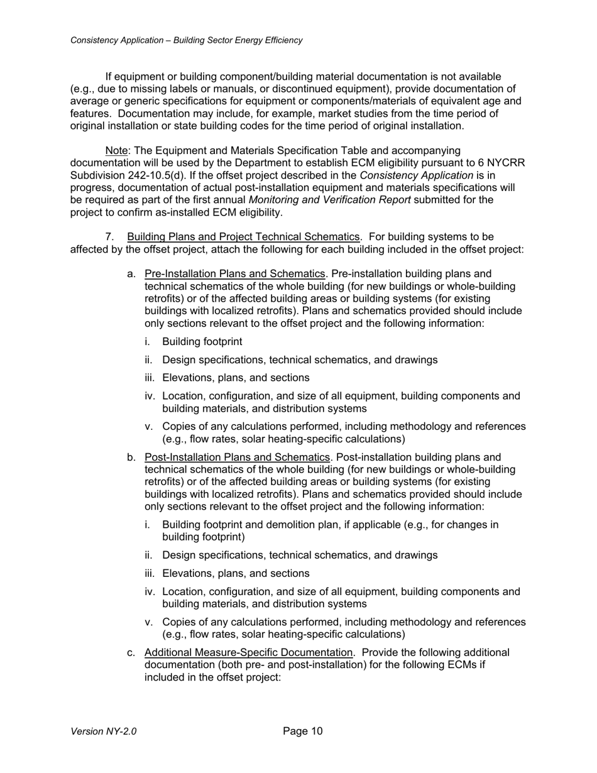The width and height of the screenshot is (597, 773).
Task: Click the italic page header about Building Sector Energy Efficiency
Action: click(186, 40)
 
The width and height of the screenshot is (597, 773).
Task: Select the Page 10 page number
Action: click(302, 731)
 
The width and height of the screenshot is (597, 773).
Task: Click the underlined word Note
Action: click(117, 151)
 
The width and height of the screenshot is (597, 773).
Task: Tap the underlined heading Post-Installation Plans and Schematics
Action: click(238, 457)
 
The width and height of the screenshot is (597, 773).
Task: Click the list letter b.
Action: click(131, 457)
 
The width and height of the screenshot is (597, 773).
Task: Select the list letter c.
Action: click(131, 652)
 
